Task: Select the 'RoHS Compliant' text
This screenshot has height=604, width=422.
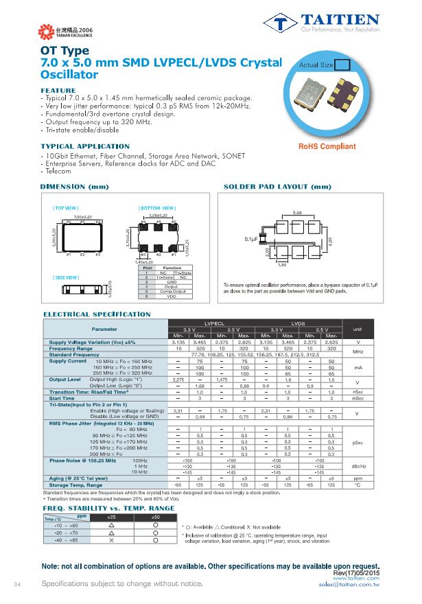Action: (327, 147)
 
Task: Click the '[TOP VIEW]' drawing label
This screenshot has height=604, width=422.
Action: (66, 208)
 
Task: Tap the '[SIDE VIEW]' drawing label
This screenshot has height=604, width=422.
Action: (66, 277)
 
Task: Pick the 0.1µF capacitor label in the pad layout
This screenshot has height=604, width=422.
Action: (251, 239)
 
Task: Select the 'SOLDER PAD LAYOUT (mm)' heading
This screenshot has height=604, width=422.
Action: (277, 187)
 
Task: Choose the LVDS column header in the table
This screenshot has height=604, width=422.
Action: (298, 322)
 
